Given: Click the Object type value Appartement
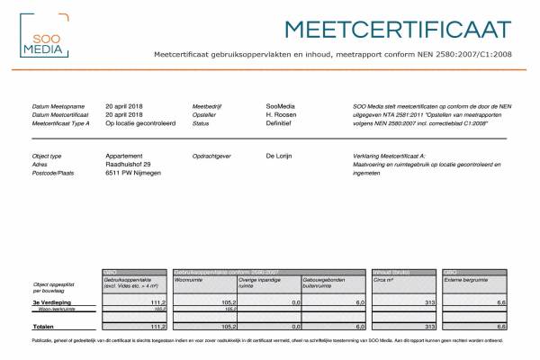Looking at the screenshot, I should pyautogui.click(x=125, y=156).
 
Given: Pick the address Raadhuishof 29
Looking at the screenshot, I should pyautogui.click(x=128, y=164).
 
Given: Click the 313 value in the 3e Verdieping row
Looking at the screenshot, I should pyautogui.click(x=429, y=302).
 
